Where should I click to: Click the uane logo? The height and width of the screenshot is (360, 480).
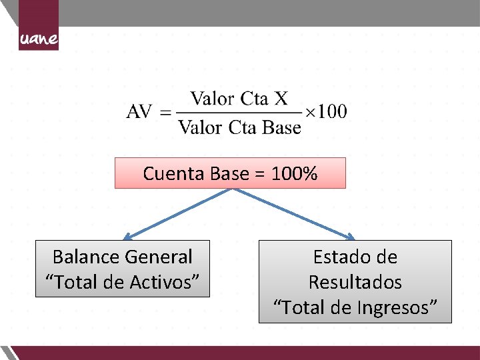pos(39,39)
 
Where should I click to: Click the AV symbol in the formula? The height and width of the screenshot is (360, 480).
pos(139,111)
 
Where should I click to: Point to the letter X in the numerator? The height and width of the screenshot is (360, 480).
pos(281,99)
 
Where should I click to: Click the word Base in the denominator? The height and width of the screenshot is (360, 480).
pos(282,127)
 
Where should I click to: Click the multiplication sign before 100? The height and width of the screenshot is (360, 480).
pos(311,112)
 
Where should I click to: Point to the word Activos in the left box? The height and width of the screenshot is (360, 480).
pos(161,282)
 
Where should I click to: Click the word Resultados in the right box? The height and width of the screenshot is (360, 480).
pos(355,282)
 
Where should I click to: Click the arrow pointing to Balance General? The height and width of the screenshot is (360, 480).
pos(177,214)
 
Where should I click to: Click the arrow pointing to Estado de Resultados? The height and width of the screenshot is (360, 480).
pos(293,214)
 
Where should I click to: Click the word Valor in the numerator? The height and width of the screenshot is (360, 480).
pos(211,99)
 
